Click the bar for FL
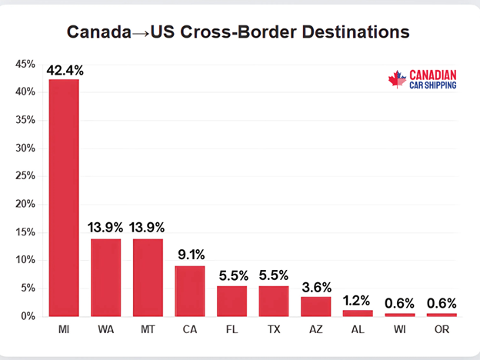point(232,301)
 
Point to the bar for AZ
point(315,306)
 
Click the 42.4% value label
point(65,70)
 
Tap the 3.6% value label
point(315,287)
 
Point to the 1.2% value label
point(358,301)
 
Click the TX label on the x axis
point(273,329)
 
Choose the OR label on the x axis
point(441,329)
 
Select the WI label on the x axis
point(399,329)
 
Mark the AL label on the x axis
point(358,329)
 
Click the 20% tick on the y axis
point(25,204)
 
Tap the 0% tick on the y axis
point(28,316)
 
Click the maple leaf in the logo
point(397,79)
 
